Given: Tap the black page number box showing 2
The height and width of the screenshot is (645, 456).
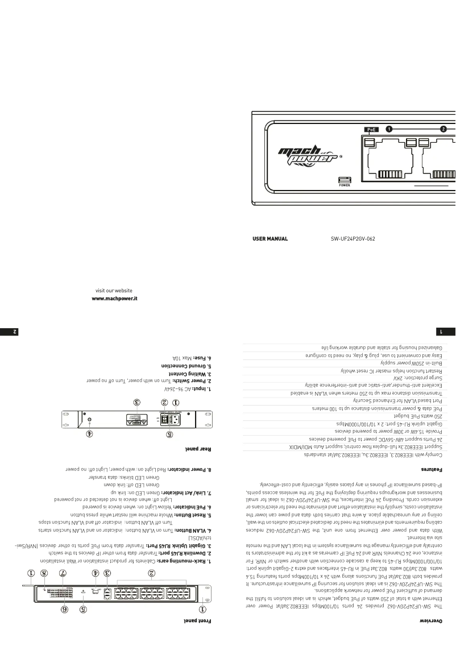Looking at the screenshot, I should point(6,329).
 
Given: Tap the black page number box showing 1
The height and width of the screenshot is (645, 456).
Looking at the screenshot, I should point(449,329).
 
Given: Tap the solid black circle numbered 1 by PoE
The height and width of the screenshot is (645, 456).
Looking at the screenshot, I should point(389,129).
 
